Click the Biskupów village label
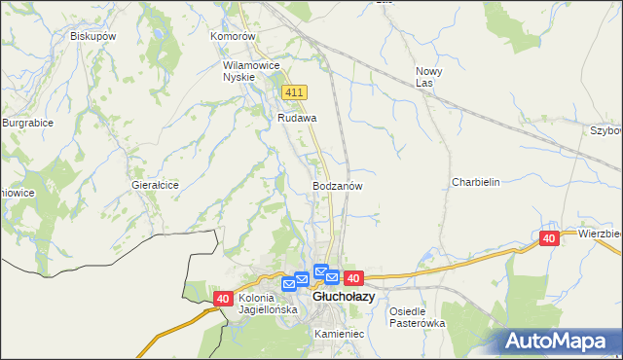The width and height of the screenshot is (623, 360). pyautogui.click(x=93, y=36)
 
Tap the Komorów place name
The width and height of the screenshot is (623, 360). pyautogui.click(x=233, y=36)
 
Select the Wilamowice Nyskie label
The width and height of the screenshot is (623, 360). pyautogui.click(x=251, y=71)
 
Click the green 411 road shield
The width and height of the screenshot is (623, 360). pyautogui.click(x=295, y=91)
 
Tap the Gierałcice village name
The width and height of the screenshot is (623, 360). pyautogui.click(x=155, y=184)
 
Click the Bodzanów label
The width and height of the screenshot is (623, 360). pyautogui.click(x=338, y=185)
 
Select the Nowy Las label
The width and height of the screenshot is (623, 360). pyautogui.click(x=429, y=77)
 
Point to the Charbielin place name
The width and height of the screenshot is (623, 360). pyautogui.click(x=475, y=182)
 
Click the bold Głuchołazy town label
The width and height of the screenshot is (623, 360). pyautogui.click(x=343, y=296)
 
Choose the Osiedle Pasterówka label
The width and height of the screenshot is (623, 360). pyautogui.click(x=417, y=317)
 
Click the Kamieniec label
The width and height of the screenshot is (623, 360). pyautogui.click(x=339, y=333)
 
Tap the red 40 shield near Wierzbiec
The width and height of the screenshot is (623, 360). pyautogui.click(x=549, y=238)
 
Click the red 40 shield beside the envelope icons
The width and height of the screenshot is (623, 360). pyautogui.click(x=352, y=278)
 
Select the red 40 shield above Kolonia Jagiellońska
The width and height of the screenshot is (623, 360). pyautogui.click(x=223, y=300)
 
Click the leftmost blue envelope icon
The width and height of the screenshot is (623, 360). pyautogui.click(x=288, y=284)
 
